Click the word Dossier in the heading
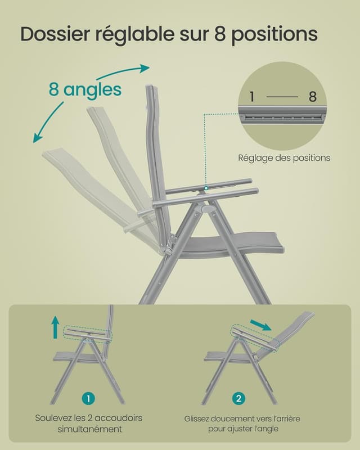55,34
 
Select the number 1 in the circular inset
251,97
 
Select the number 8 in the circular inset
313,97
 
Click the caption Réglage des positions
284,158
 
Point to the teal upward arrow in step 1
55,327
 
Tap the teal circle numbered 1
88,398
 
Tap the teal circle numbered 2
238,398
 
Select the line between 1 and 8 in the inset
282,97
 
